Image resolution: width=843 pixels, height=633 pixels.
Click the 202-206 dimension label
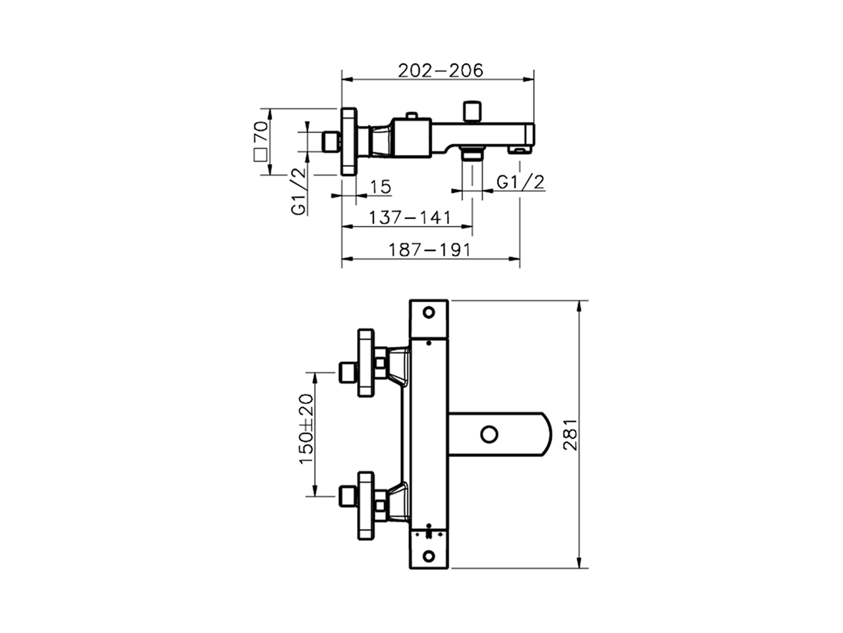point(440,70)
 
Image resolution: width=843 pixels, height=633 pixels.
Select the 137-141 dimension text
point(409,217)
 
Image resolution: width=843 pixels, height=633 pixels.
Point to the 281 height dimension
point(570,435)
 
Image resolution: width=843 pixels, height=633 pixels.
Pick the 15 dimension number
point(380,187)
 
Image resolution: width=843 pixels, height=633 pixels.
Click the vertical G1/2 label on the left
point(299,191)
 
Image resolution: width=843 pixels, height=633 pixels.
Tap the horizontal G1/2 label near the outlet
point(521,182)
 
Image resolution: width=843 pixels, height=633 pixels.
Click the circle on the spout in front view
point(489,435)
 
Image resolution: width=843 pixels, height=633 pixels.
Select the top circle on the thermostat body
point(429,312)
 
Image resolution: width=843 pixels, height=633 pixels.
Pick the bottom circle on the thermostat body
point(429,556)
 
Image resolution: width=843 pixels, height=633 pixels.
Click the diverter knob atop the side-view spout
point(472,110)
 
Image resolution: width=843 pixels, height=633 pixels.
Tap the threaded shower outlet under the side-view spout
point(472,154)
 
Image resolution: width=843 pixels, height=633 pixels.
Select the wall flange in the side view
point(349,141)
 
